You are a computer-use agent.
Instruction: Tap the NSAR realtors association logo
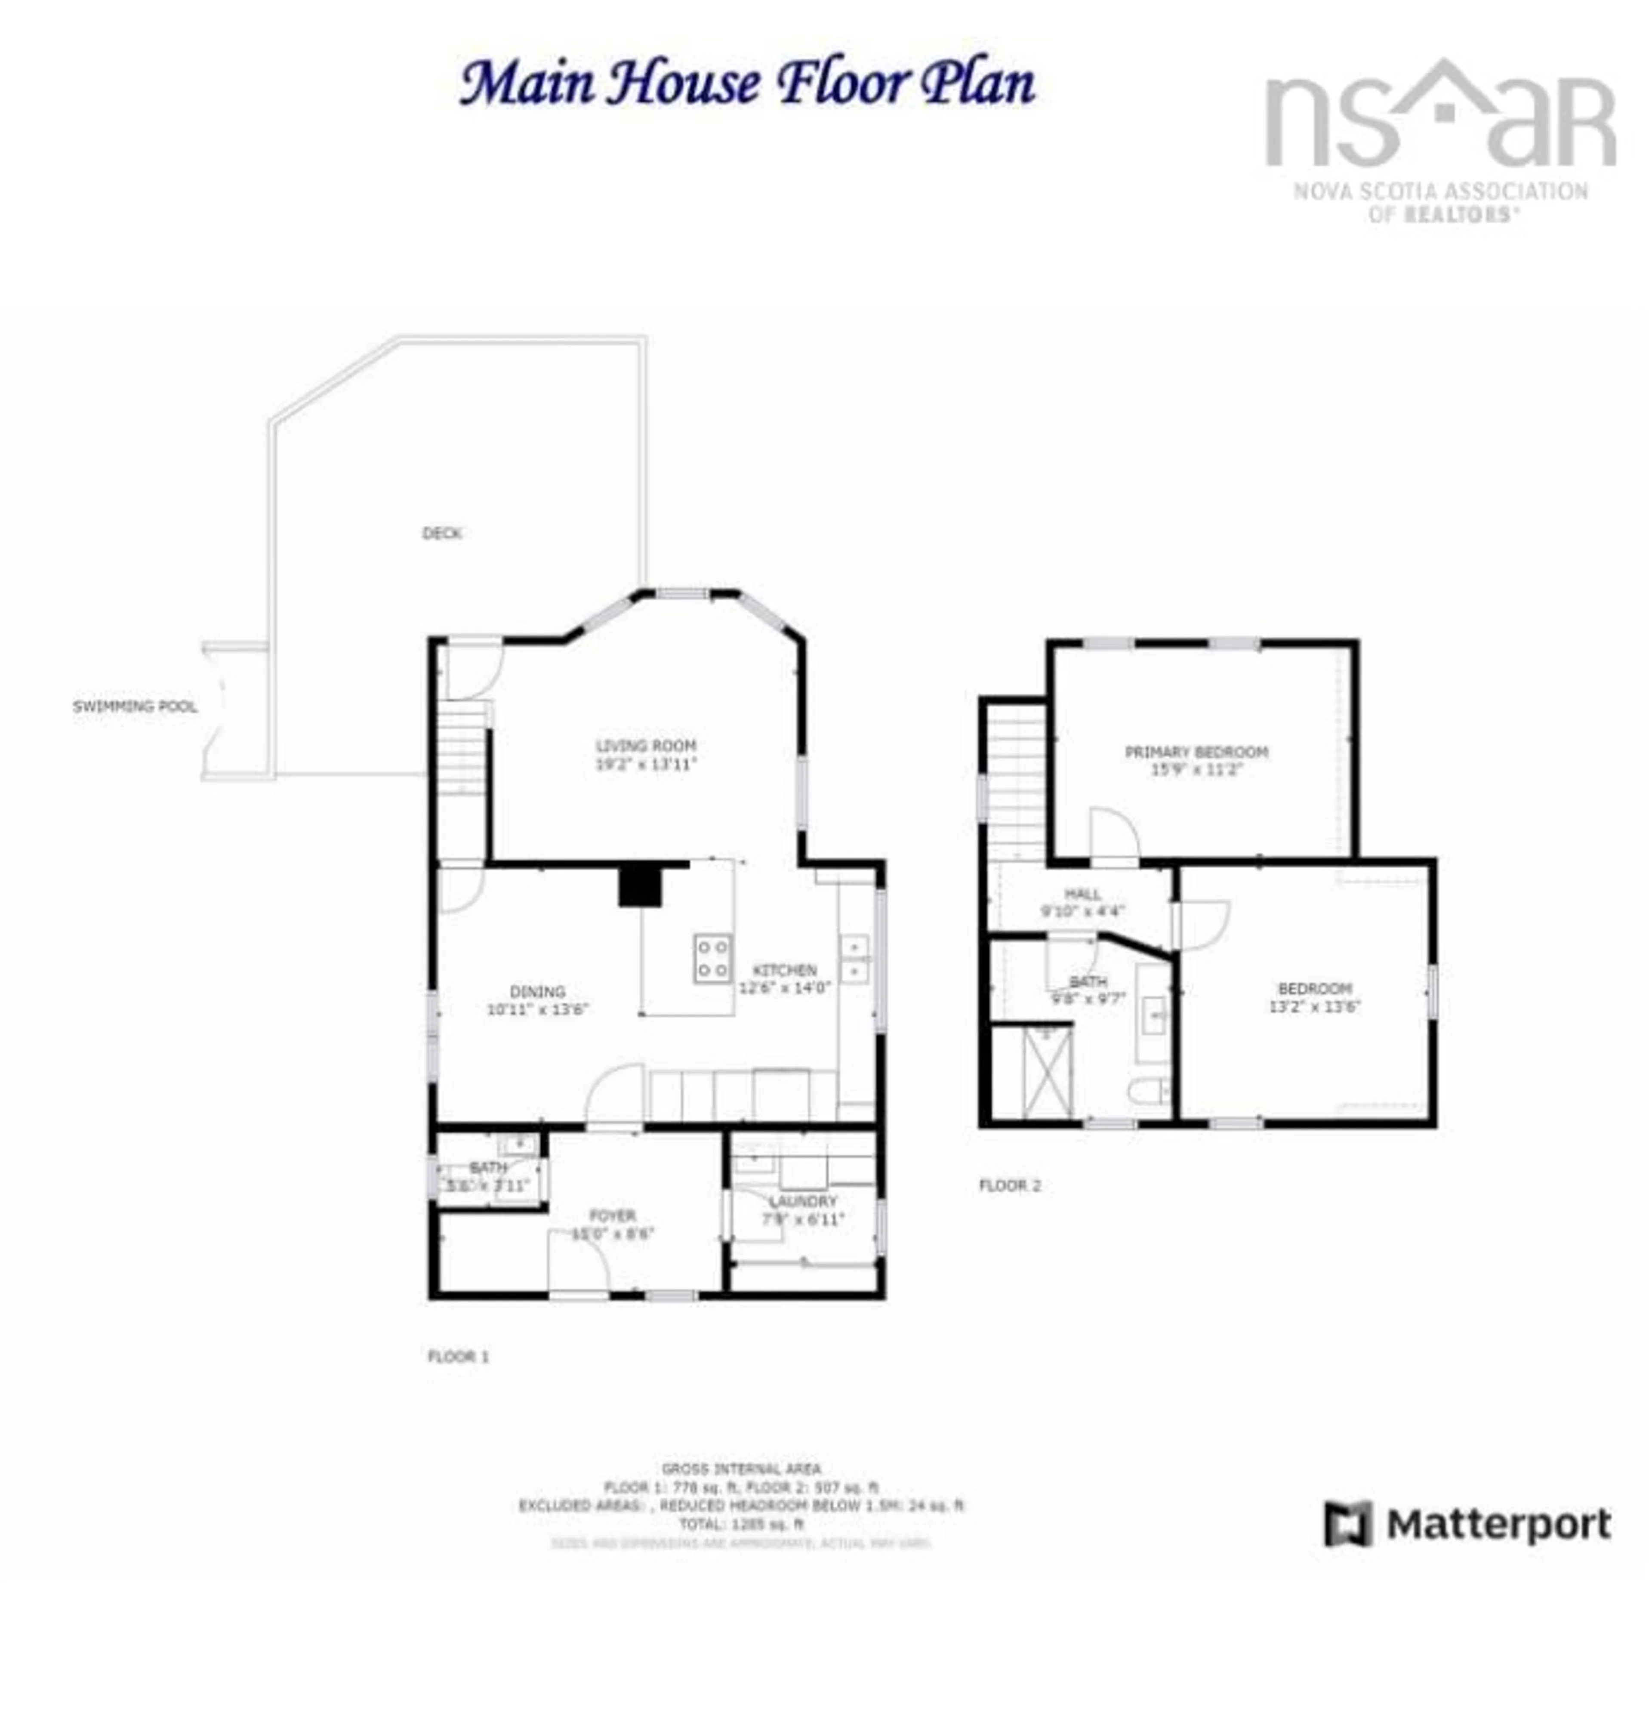(1440, 139)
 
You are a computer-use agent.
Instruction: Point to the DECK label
(442, 533)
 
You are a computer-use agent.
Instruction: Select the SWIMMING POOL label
(135, 706)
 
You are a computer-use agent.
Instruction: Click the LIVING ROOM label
(646, 747)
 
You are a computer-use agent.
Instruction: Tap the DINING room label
(538, 991)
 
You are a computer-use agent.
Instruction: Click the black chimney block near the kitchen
(640, 886)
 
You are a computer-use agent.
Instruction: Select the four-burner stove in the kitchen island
(712, 957)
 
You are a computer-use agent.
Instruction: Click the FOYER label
(613, 1215)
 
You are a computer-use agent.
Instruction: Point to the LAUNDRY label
(803, 1202)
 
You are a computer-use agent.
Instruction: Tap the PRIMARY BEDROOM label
(1196, 752)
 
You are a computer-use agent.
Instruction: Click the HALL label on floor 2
(1083, 894)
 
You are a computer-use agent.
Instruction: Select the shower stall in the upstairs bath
(1046, 1073)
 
